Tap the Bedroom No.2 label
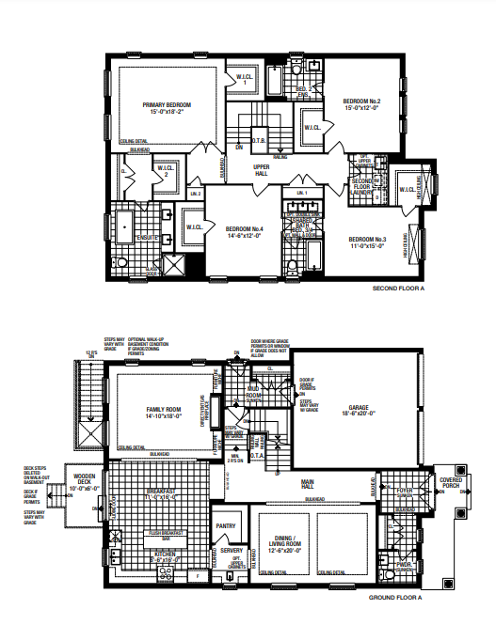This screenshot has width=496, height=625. [360, 102]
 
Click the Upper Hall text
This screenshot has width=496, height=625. [263, 170]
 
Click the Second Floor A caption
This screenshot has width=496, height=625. [399, 289]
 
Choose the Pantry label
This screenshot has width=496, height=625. [225, 526]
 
